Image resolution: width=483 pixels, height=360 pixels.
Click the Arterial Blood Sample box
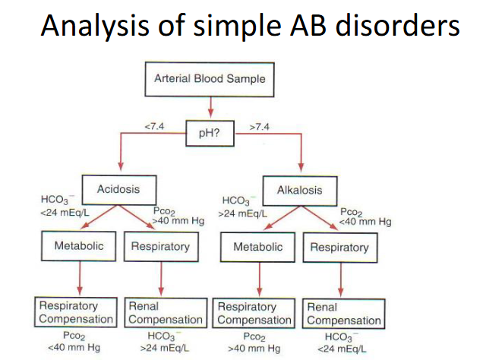[x=210, y=77]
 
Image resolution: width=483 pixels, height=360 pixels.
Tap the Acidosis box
[x=118, y=189]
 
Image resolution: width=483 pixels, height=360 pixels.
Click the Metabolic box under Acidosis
[x=79, y=246]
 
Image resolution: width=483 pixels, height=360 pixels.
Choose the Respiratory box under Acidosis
[x=159, y=246]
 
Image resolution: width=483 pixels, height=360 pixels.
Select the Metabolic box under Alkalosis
[x=258, y=247]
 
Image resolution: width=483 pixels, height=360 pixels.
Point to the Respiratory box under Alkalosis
[x=339, y=247]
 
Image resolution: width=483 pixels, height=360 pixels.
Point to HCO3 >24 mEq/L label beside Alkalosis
[x=244, y=208]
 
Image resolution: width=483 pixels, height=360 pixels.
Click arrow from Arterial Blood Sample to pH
[x=210, y=109]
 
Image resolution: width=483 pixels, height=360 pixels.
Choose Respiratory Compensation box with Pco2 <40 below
[x=76, y=313]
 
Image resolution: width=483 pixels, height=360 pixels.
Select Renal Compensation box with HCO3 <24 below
[x=343, y=314]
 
